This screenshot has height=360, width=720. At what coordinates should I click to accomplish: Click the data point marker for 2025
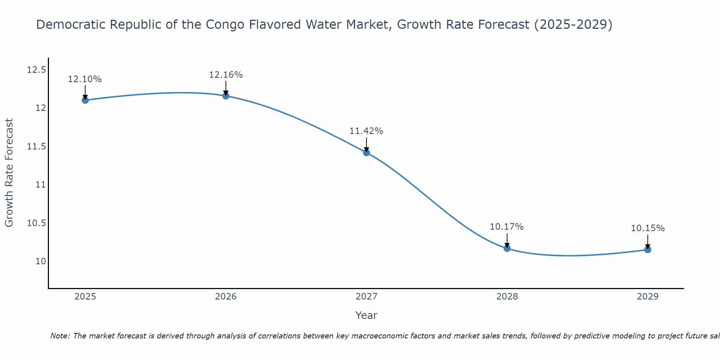click(85, 100)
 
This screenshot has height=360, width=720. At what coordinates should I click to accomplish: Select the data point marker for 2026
click(226, 96)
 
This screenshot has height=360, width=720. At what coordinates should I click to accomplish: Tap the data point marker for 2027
click(366, 152)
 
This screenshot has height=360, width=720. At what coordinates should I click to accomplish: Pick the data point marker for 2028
click(507, 248)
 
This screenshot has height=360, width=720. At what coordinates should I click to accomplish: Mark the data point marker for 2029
click(648, 249)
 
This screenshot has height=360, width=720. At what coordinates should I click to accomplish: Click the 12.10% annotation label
click(85, 79)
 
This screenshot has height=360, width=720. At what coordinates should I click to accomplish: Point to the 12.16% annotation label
click(226, 75)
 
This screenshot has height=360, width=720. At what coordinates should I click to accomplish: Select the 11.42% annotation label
click(366, 131)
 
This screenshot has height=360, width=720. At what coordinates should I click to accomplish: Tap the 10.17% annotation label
click(507, 227)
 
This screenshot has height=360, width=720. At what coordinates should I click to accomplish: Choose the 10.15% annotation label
click(648, 228)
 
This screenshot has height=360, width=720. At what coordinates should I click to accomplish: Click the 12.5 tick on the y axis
click(37, 69)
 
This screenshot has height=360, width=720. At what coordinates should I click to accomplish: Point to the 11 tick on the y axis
click(41, 185)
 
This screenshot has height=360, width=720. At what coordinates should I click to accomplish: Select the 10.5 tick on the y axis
click(37, 223)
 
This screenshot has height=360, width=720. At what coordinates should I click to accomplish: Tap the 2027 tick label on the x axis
click(366, 297)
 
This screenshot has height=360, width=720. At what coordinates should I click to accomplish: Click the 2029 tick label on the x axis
click(648, 297)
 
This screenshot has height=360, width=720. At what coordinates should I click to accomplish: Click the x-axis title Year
click(366, 315)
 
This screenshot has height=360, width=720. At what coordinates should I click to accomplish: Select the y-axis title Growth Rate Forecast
click(9, 173)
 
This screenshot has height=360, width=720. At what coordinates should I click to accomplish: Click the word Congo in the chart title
click(224, 24)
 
